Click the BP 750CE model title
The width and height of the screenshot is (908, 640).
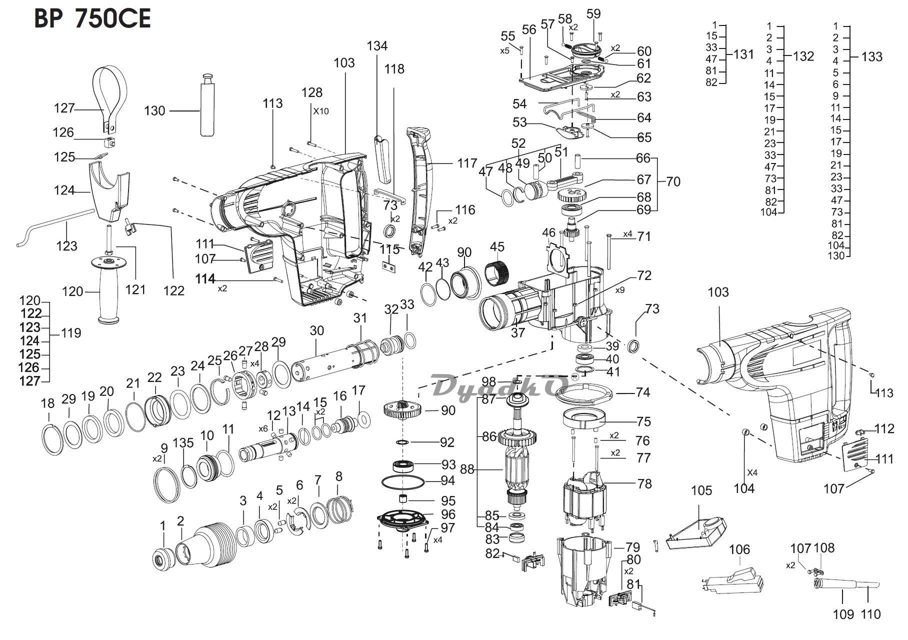point(92,19)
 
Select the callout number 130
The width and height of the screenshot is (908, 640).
point(154,110)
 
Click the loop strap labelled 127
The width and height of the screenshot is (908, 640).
point(111,92)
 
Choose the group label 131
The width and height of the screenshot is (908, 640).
point(743,54)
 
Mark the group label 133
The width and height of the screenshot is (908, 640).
point(872,56)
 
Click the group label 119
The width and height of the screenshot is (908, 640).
point(70,333)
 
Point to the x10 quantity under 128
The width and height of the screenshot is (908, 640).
point(321,111)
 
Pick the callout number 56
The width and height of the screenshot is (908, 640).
point(528,29)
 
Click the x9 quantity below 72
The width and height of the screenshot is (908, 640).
point(620,289)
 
